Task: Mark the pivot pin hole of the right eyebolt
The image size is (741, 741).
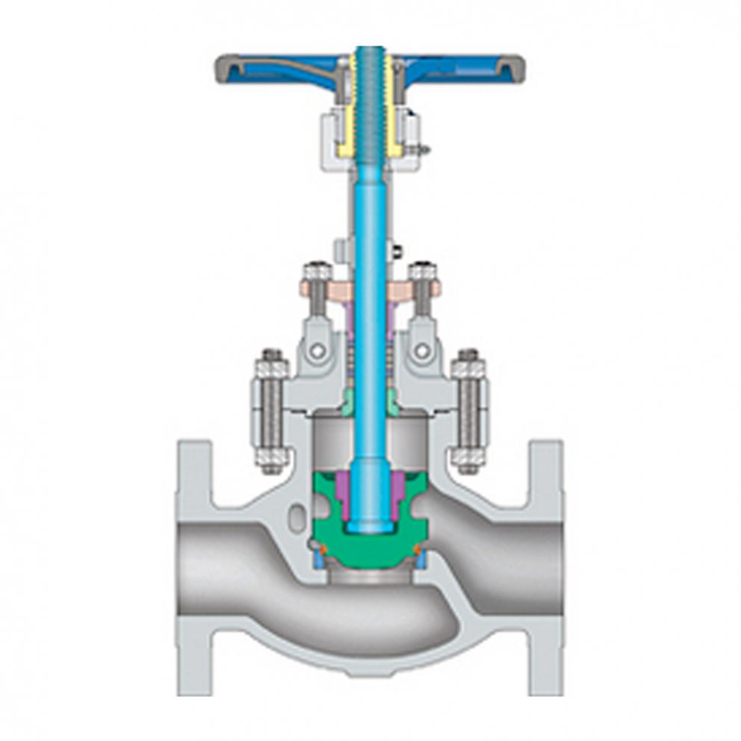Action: (x=422, y=350)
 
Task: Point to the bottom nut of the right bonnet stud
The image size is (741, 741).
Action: (x=468, y=458)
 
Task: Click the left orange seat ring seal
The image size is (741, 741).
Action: (x=317, y=551)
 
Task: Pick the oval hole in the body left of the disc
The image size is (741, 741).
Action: (x=300, y=515)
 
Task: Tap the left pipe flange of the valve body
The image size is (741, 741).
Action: (x=193, y=568)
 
